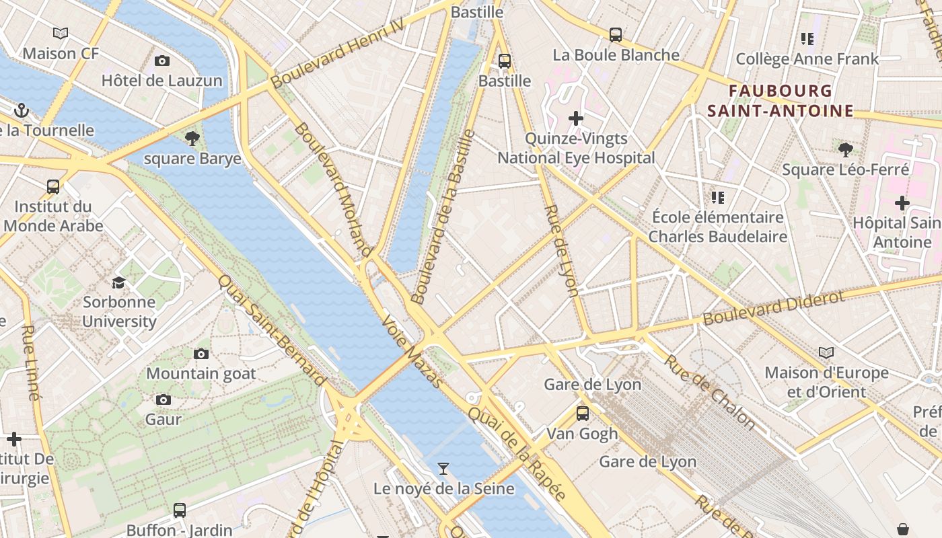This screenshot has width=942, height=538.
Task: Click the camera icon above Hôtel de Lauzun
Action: click(x=161, y=61)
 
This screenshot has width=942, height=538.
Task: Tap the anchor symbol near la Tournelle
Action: click(x=22, y=110)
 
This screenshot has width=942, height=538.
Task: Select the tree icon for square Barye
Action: click(x=192, y=139)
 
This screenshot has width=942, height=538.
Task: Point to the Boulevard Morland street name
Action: click(x=333, y=190)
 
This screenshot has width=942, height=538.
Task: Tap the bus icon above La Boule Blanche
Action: click(x=615, y=35)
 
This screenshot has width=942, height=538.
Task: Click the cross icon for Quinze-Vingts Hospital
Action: click(x=576, y=118)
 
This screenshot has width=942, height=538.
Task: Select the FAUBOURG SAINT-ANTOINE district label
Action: click(x=780, y=101)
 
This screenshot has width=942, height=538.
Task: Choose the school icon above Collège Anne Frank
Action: click(x=807, y=39)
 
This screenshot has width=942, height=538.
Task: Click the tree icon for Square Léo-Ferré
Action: click(x=846, y=149)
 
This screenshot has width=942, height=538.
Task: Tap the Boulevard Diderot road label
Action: click(x=773, y=308)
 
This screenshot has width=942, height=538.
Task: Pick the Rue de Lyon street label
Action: click(x=561, y=250)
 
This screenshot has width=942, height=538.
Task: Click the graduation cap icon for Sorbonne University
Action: click(x=119, y=282)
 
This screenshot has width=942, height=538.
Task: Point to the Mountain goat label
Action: click(x=201, y=373)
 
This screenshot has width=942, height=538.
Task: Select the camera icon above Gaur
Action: click(x=163, y=400)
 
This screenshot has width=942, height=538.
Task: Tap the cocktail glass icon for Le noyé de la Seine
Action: click(x=443, y=469)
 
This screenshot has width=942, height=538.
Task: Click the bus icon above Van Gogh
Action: click(x=582, y=413)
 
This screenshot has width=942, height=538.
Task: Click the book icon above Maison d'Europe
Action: click(x=826, y=352)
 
